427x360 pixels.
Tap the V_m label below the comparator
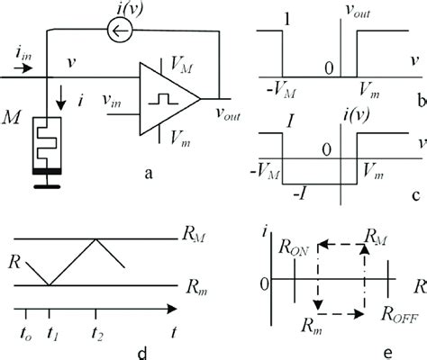(x=177, y=137)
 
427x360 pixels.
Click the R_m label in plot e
(x=309, y=324)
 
